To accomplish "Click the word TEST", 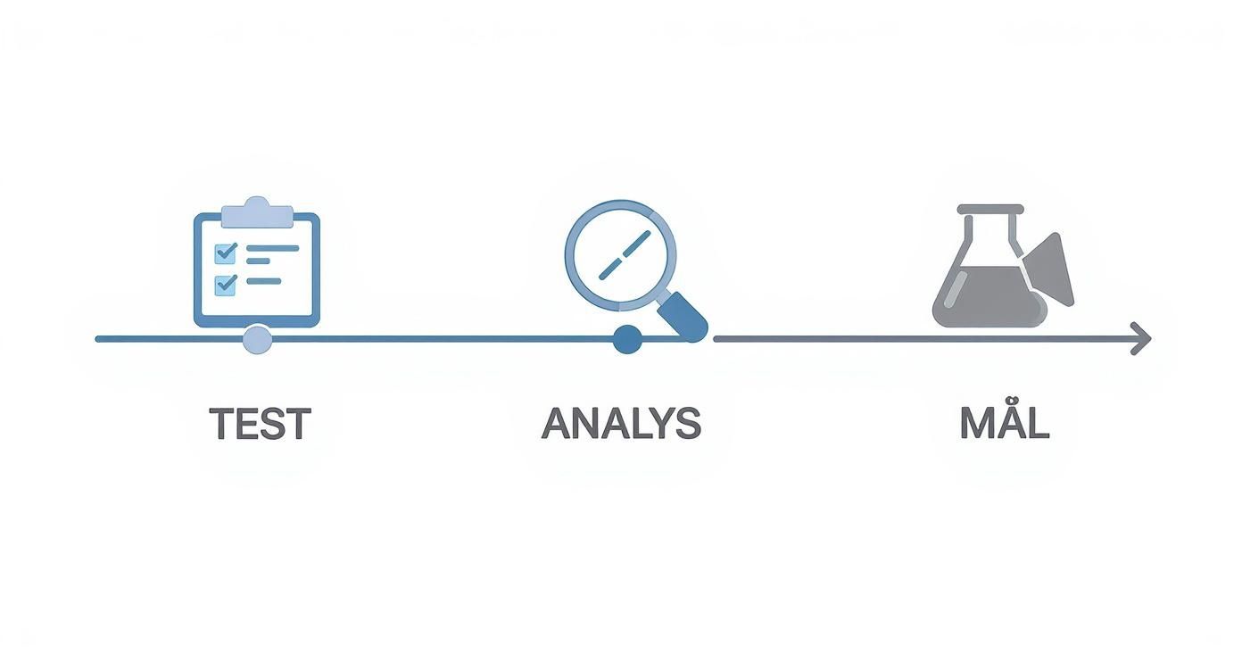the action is [260, 424].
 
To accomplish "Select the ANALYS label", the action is [622, 424].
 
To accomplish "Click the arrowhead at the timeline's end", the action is [1141, 338].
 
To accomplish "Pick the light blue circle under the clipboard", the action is [257, 339].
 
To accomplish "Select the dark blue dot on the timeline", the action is [627, 339].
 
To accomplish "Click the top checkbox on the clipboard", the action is [225, 253].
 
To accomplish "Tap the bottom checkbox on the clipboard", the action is [225, 285].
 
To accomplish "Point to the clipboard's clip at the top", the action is [257, 212].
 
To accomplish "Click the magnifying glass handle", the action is [683, 316].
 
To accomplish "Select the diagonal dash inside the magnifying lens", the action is [625, 254].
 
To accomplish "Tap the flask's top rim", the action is [990, 209].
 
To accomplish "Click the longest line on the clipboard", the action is [273, 248].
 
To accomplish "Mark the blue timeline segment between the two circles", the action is [443, 339].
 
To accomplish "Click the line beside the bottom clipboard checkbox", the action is [264, 281].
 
